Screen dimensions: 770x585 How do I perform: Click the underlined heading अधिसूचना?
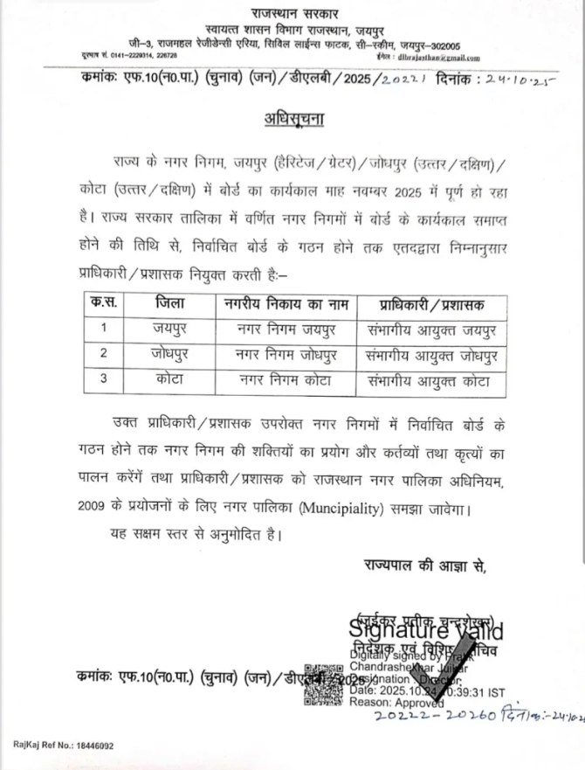pos(292,118)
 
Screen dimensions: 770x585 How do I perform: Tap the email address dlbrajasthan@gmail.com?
pos(437,58)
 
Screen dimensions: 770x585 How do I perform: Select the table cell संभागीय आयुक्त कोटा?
pos(431,381)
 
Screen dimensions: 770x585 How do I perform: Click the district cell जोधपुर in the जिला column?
pos(170,355)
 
